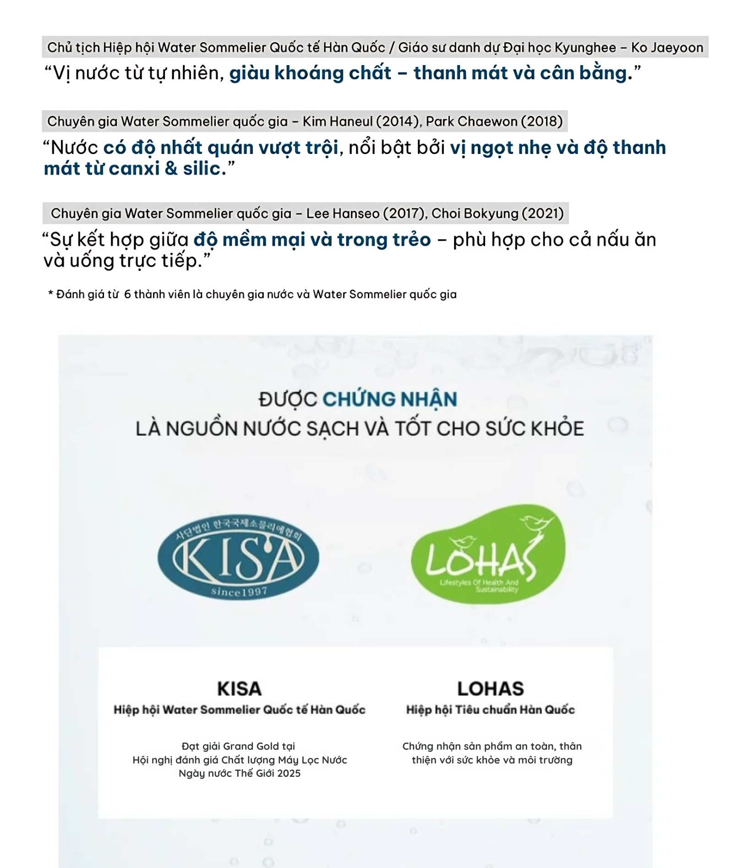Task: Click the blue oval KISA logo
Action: (238, 557)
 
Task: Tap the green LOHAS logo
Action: (487, 555)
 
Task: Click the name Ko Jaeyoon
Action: (667, 48)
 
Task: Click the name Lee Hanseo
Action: (343, 214)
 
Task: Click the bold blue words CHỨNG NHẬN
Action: (389, 400)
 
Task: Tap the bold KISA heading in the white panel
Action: (239, 689)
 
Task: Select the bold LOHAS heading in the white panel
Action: (490, 689)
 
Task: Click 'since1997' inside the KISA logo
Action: (239, 592)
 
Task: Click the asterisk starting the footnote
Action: (50, 293)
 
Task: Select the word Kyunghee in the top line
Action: (585, 48)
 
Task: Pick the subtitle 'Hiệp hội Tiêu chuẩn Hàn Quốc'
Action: (490, 710)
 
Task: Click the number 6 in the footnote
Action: (127, 294)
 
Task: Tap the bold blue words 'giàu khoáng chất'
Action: (310, 73)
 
